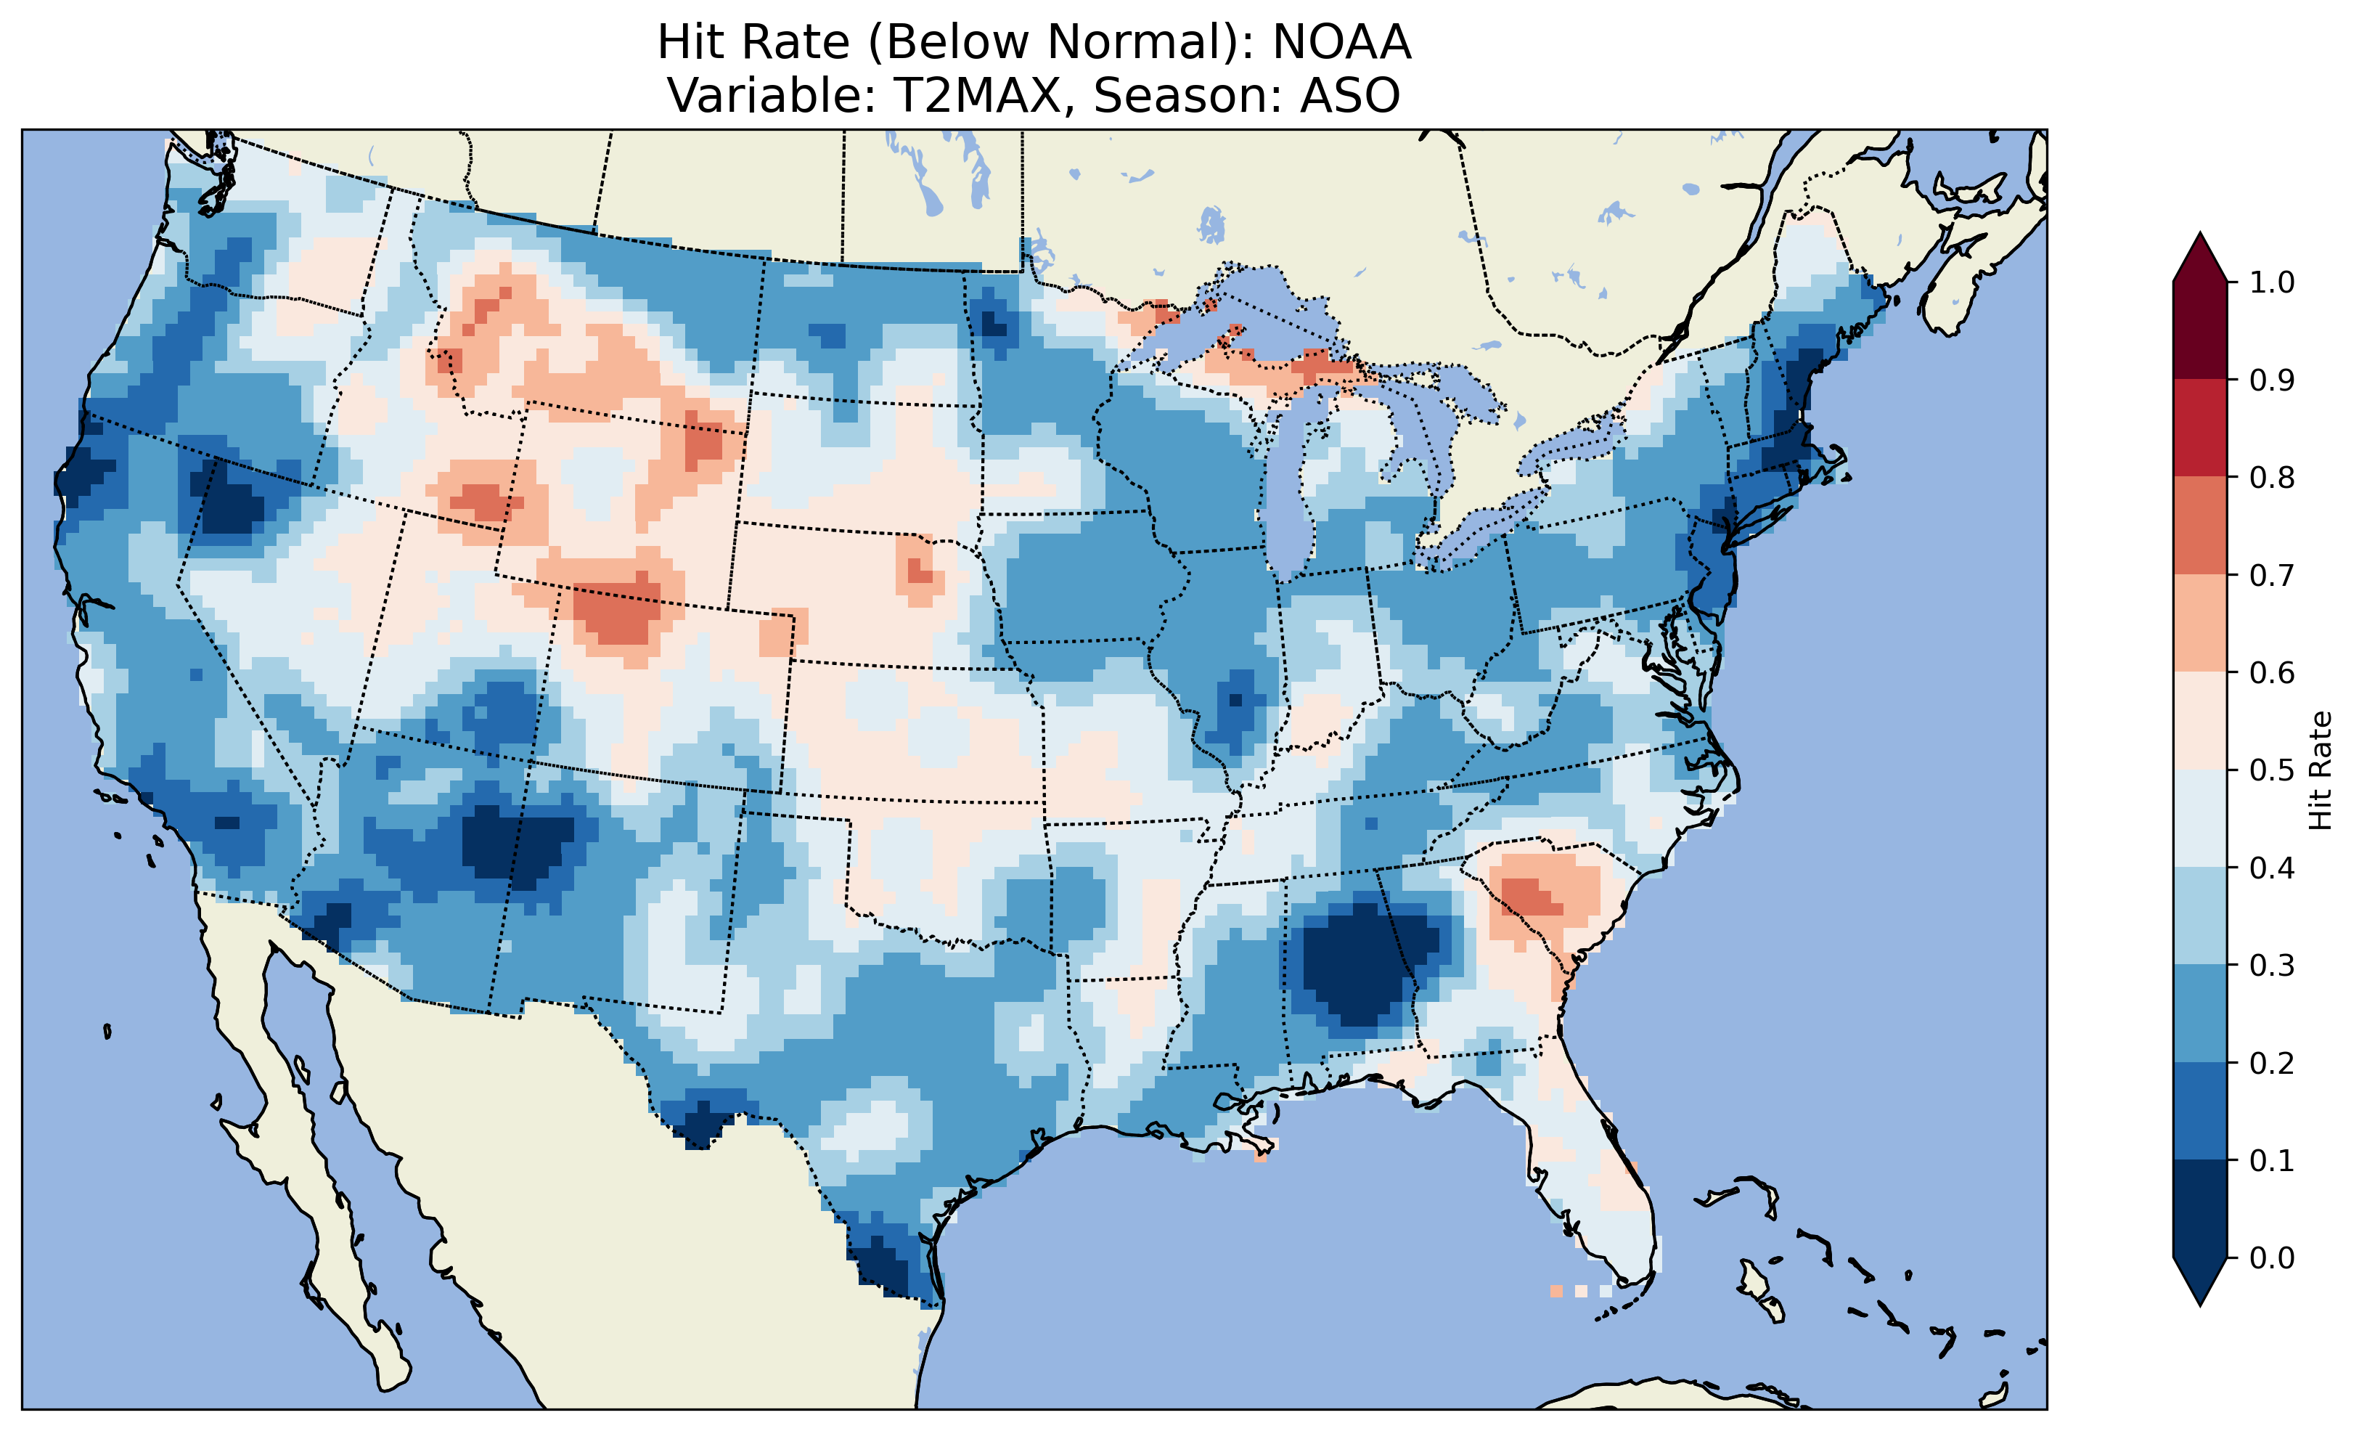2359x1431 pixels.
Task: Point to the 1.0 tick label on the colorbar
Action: (2272, 282)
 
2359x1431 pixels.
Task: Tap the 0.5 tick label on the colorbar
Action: (2272, 770)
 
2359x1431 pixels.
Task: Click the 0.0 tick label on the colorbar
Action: (2272, 1257)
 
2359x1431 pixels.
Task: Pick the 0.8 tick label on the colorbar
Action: (2272, 477)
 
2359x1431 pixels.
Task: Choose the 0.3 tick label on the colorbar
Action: (2272, 966)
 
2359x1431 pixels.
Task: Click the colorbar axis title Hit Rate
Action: (2320, 770)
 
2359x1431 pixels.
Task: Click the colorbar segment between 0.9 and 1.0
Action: (2200, 330)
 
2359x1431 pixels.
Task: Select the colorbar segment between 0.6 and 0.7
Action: (2200, 623)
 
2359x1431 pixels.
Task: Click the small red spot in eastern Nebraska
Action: (919, 572)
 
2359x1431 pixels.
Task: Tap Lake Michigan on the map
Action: (1288, 498)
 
